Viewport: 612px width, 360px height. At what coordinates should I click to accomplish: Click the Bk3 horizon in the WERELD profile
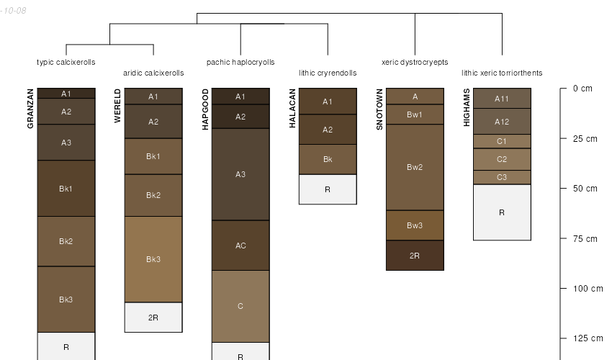[x=153, y=259]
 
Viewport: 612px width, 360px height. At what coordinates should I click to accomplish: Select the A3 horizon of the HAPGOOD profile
[x=240, y=174]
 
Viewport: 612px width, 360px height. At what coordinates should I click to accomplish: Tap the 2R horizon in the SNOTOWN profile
[x=415, y=256]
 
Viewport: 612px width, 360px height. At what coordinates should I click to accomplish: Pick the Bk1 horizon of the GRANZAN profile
[x=66, y=189]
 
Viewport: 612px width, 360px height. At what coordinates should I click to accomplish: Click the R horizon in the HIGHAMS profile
[x=502, y=212]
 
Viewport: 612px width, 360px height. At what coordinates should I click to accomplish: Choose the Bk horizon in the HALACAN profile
[x=328, y=159]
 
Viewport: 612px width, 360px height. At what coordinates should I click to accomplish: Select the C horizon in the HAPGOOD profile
[x=240, y=306]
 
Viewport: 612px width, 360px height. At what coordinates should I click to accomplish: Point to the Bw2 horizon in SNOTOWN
[x=415, y=167]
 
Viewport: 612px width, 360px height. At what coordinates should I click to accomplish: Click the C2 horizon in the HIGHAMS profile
[x=502, y=159]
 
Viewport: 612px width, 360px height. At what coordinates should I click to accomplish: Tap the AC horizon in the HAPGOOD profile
[x=240, y=246]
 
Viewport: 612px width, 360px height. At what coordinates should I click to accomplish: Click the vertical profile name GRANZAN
[x=30, y=109]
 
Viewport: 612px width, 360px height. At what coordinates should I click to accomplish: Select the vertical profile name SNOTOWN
[x=379, y=109]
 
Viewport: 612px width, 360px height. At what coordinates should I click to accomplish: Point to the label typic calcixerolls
[x=66, y=63]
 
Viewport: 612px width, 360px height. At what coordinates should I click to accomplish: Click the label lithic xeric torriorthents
[x=502, y=73]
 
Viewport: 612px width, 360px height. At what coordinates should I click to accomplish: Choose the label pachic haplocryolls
[x=240, y=63]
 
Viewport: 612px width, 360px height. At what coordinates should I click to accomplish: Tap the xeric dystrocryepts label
[x=415, y=63]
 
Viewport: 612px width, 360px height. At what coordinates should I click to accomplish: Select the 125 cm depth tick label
[x=585, y=338]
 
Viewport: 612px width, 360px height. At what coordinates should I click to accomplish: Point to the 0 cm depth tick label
[x=582, y=89]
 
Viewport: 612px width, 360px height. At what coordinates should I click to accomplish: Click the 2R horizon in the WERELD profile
[x=153, y=318]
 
